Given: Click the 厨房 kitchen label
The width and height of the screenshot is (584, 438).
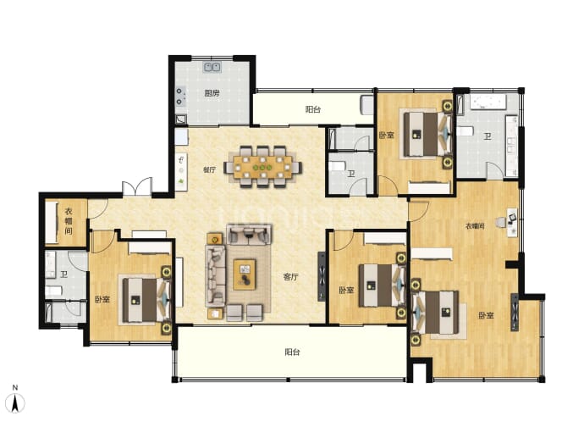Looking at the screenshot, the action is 212,93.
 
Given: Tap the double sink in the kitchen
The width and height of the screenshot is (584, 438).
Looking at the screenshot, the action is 212,67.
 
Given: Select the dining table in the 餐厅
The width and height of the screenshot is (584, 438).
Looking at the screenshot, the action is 263,167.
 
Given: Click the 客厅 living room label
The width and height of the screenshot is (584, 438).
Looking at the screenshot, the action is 290,277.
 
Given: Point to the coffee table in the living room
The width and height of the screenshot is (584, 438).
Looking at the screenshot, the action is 245,274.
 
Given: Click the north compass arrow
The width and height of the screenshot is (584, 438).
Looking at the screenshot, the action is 15,403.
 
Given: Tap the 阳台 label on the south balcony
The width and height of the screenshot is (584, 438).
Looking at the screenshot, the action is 292,352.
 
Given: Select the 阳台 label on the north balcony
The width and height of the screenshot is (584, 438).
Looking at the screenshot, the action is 313,109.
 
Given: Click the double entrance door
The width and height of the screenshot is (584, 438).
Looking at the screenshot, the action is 137,186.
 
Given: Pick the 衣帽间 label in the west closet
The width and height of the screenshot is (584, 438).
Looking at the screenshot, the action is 69,221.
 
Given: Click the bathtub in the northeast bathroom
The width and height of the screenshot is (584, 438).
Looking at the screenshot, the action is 488,102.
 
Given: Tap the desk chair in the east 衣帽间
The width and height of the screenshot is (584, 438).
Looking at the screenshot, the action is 500,223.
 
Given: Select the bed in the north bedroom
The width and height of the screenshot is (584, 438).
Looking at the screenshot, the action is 427,134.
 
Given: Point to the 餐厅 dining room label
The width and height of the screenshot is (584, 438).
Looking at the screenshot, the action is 209,170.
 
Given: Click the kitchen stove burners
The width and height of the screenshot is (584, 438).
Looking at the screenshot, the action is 180,97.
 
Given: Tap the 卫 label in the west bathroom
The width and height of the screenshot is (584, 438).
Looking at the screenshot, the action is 63,274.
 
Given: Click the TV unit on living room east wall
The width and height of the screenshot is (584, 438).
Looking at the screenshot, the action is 322,276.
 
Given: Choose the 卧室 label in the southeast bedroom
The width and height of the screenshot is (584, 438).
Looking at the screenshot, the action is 486,315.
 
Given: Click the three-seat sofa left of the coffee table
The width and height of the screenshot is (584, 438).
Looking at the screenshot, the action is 216,276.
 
